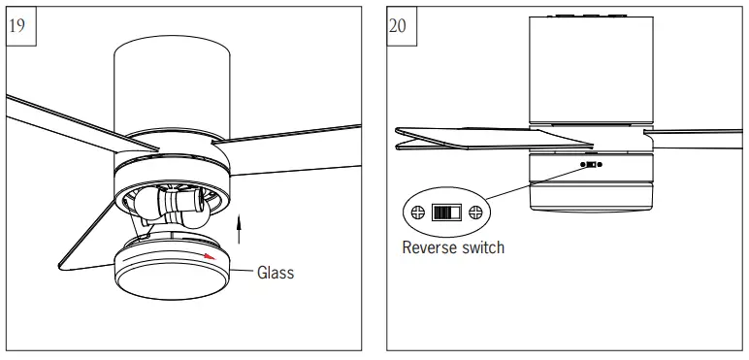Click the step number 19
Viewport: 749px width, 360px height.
[x=17, y=25]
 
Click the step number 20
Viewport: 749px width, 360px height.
[x=398, y=25]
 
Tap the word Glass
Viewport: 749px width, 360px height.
[x=276, y=273]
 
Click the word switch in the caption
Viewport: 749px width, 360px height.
[x=485, y=247]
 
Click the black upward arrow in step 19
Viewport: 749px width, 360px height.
[x=240, y=229]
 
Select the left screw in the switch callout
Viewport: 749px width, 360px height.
[x=418, y=212]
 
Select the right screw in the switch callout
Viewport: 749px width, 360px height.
[x=475, y=212]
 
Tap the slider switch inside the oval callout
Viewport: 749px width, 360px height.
[x=446, y=212]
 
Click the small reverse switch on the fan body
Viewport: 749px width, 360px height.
[x=591, y=165]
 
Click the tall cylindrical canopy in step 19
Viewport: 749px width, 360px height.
[x=172, y=86]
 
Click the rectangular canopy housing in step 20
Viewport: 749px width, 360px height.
[x=591, y=70]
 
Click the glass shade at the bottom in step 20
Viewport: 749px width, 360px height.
[x=591, y=196]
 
